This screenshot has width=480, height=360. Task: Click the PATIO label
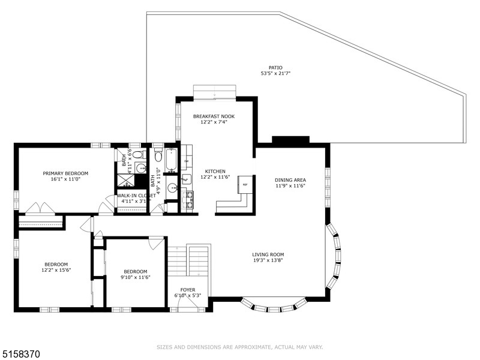[275, 68]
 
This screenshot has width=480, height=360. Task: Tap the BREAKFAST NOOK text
[214, 116]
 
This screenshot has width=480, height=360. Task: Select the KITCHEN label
[215, 172]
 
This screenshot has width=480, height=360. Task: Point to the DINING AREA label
[290, 180]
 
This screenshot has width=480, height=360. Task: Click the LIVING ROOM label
[268, 254]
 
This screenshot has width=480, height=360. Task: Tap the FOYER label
[188, 290]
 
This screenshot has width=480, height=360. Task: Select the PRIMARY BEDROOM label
[65, 173]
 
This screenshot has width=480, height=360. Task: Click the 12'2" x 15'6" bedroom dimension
[56, 270]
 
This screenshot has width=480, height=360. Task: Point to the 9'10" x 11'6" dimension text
[136, 277]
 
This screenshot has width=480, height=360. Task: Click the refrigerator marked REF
[245, 185]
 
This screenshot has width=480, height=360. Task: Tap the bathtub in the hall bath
[172, 160]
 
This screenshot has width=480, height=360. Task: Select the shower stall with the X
[126, 181]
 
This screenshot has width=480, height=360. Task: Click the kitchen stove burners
[190, 200]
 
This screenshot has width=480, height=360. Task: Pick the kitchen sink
[186, 179]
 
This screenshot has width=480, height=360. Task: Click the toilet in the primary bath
[139, 154]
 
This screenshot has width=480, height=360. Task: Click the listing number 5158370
[20, 354]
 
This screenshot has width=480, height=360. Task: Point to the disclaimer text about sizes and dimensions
[239, 347]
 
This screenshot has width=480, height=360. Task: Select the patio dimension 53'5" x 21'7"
[275, 73]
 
